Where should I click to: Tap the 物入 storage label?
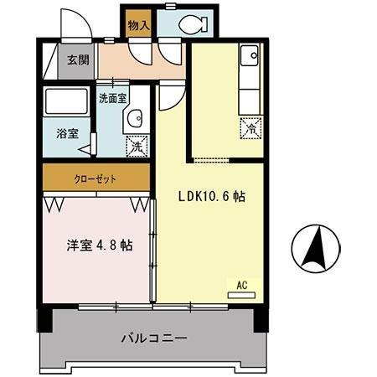pos(137,26)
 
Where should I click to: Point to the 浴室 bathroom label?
pos(67,133)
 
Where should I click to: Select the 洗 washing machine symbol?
pos(135,146)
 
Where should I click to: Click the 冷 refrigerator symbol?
pos(250,128)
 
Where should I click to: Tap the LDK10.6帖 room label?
pos(210,198)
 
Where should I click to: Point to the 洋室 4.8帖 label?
pos(99,246)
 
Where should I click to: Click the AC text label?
pos(241,285)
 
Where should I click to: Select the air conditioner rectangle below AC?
pos(241,295)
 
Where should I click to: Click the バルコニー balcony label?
pos(153,338)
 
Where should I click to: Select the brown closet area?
pos(96,178)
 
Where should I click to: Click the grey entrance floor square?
pos(76,60)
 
